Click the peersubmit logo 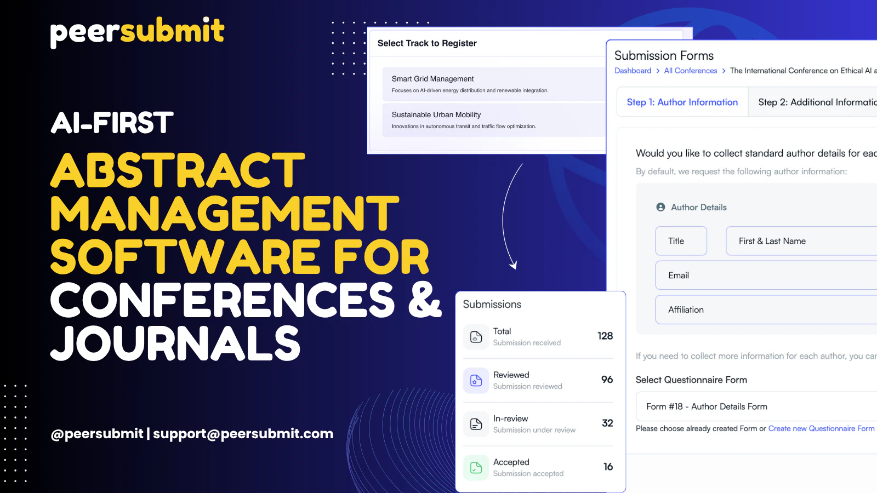[137, 31]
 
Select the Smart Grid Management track [493, 84]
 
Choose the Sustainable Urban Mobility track [493, 120]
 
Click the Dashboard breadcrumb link [633, 71]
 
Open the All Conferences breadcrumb [690, 71]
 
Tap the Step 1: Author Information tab [682, 102]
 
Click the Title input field [681, 241]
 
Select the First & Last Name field [800, 241]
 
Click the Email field [767, 276]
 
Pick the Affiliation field [767, 309]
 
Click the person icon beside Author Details [660, 207]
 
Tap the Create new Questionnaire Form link [821, 428]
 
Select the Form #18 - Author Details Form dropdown [756, 406]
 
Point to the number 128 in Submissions [605, 336]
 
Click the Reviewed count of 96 [607, 380]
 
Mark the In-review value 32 [607, 423]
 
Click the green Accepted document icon [476, 467]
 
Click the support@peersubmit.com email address [243, 434]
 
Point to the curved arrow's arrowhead [514, 266]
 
